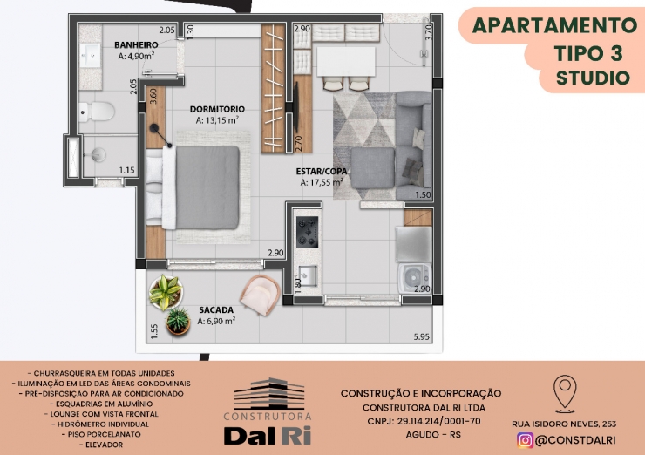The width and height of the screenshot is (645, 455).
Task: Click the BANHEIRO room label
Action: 136,44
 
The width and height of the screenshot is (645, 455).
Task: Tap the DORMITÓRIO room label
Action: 217,109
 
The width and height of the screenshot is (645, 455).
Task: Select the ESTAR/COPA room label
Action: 322,171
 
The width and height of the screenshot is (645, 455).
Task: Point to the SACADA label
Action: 216,309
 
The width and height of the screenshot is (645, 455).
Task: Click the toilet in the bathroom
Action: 96,112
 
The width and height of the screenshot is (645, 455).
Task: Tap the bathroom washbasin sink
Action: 90,55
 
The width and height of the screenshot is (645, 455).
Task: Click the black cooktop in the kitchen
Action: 308,232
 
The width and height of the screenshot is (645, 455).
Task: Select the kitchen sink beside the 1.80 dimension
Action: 308,275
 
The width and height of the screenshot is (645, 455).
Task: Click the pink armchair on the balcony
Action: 261,295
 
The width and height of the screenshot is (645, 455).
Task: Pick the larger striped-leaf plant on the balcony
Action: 166,292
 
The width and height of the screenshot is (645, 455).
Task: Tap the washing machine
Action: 414,278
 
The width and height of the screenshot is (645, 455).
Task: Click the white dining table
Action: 346,62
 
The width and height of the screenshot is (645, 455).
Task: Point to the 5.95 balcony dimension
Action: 422,337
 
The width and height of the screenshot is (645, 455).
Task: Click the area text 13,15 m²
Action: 218,120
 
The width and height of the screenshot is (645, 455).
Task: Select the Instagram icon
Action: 525,440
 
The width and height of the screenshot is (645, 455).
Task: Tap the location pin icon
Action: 565,394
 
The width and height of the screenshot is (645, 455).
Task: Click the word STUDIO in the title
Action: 593,78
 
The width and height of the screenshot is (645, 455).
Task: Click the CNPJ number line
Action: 424,421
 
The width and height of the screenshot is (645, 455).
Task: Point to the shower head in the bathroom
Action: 98,155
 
